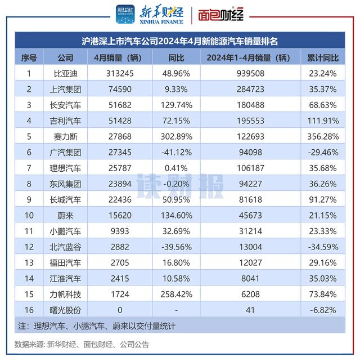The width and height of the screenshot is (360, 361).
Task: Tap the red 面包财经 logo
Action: pos(220,15)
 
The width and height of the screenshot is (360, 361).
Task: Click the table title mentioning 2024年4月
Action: pos(180,41)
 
